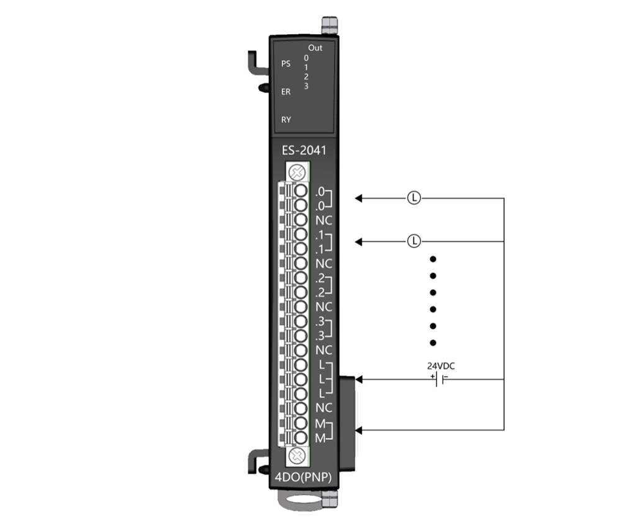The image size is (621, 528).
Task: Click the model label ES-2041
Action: pos(304,150)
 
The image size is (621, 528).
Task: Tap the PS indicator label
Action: pos(286,64)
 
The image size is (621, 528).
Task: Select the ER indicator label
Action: pos(286,92)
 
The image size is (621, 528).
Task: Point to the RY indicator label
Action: pos(286,120)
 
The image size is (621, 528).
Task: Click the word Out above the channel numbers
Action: pos(315,48)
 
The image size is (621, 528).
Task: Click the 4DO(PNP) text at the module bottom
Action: pos(304,477)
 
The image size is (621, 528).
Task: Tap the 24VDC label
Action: pos(441,366)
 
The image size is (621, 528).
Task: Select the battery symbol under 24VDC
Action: pos(439,379)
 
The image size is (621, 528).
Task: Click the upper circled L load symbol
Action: pos(414,197)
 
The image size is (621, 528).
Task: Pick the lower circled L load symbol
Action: pos(414,241)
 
